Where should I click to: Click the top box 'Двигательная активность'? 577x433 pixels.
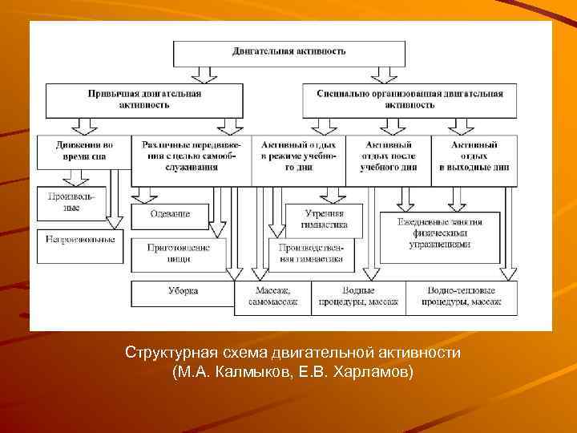pos(289,52)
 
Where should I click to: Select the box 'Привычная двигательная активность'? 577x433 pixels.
pos(144,99)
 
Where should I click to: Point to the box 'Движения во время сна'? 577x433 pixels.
pos(84,151)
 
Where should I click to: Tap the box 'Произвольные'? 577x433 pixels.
pos(71,201)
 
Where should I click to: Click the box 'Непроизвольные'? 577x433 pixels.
pos(80,240)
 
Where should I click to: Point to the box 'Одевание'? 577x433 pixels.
pos(170,214)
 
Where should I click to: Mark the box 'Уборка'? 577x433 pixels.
pos(183,291)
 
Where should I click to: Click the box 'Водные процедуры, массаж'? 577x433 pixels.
pos(357,296)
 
